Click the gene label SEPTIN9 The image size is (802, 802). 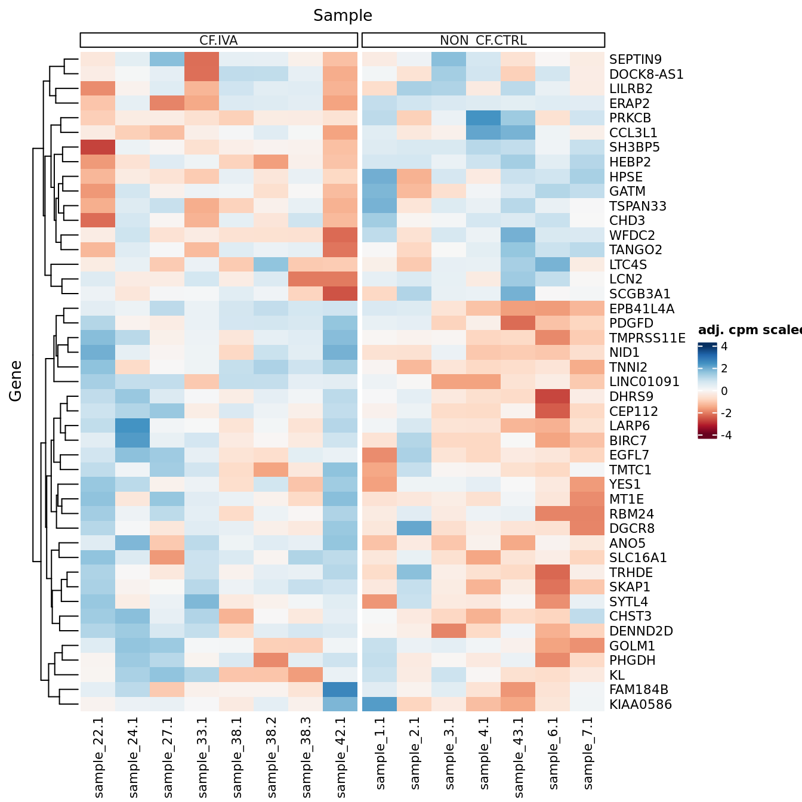[635, 60]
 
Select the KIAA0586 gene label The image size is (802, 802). [640, 705]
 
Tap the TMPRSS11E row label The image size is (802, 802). [647, 338]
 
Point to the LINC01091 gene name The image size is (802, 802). [644, 382]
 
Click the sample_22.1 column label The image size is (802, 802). [98, 757]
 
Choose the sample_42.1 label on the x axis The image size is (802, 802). [341, 757]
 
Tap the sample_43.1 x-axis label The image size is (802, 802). [519, 757]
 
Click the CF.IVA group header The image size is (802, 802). [218, 41]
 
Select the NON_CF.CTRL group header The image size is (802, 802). [483, 41]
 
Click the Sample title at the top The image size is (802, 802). [343, 16]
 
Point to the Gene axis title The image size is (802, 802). [16, 381]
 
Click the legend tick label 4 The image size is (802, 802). [724, 347]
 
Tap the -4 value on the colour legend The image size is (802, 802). [726, 435]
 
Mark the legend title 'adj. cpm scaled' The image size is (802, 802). [749, 330]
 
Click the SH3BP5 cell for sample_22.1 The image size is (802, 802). [98, 147]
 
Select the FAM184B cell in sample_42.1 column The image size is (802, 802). [340, 690]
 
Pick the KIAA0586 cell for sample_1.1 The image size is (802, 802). [380, 705]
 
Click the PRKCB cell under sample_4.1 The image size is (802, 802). [483, 118]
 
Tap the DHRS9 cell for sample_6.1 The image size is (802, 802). [553, 397]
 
